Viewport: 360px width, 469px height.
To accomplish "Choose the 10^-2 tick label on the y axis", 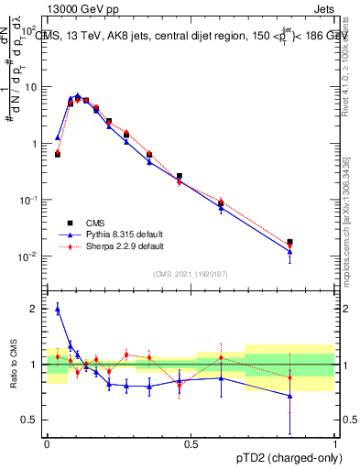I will pos(29,256).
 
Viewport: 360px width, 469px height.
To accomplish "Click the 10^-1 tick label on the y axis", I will pos(29,201).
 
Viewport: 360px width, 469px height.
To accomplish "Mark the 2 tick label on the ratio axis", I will pos(36,309).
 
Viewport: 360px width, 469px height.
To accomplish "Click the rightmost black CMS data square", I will pos(290,242).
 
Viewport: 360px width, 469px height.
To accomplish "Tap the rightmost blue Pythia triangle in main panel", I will pos(290,251).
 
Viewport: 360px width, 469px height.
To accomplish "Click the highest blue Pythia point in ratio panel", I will pos(57,310).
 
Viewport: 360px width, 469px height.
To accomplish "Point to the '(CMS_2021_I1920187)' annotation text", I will pos(191,273).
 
